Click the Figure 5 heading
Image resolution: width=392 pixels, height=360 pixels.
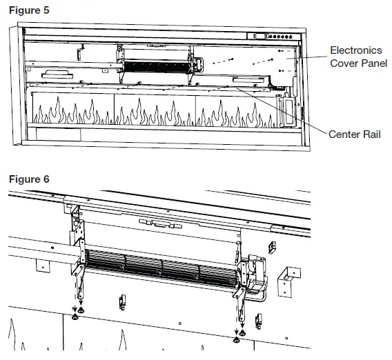coord(29,11)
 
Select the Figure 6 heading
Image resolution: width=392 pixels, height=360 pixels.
coord(29,179)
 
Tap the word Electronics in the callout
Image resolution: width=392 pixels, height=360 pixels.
coord(356,50)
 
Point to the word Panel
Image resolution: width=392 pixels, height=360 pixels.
coord(372,63)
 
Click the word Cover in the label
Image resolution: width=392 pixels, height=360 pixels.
coord(342,63)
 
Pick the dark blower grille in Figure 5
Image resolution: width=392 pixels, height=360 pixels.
coord(155,65)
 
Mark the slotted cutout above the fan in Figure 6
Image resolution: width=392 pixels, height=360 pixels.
coord(155,223)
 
